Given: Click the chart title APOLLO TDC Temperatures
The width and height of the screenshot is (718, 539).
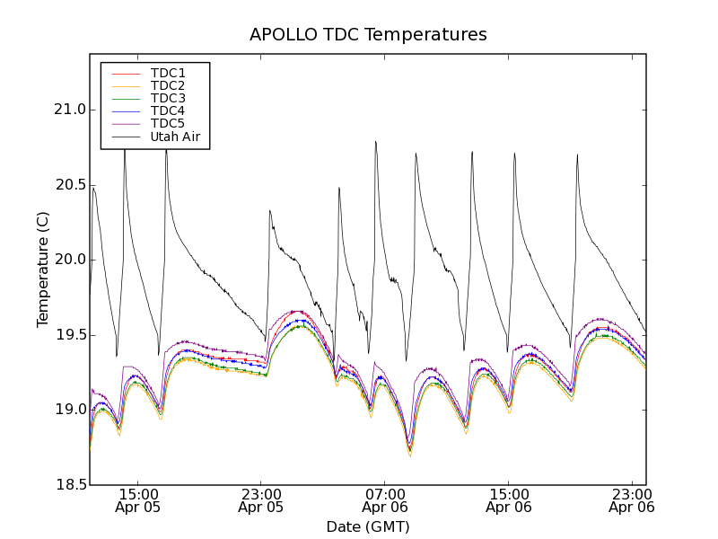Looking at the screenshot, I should tap(368, 35).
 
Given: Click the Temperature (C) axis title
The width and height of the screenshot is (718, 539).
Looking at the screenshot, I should tap(43, 269).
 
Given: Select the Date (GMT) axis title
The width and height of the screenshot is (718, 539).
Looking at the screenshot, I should tap(368, 526).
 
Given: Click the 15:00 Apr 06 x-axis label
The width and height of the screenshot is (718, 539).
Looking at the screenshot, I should tap(508, 500).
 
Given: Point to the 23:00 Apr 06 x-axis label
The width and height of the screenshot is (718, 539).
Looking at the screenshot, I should tap(631, 500).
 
